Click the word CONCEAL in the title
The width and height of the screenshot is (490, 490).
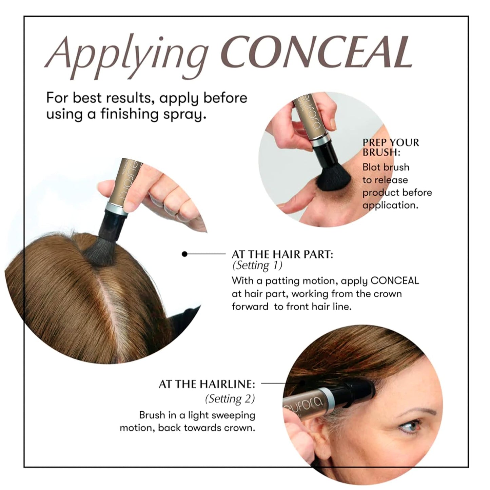(x=318, y=53)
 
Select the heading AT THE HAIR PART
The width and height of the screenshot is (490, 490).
(x=282, y=254)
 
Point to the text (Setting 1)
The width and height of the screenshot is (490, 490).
(x=257, y=266)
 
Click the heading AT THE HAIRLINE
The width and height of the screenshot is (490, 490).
(x=207, y=384)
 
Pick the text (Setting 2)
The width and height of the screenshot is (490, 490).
(x=230, y=399)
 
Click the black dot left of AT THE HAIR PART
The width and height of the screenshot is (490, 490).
(x=184, y=254)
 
